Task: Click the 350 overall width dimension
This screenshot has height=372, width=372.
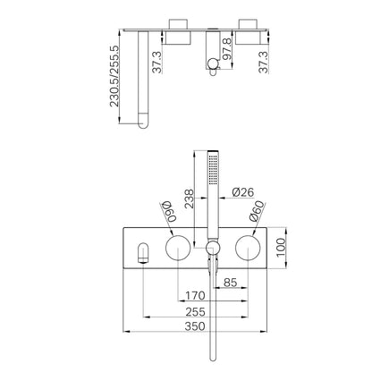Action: coord(195,325)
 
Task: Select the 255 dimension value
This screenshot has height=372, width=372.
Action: coord(195,312)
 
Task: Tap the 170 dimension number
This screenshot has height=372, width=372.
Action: coord(195,296)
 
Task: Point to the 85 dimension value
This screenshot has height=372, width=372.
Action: coord(231,283)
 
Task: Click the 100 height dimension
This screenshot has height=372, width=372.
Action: coord(281,248)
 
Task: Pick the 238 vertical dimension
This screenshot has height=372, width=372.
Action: coord(189,199)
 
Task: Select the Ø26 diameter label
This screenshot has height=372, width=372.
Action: coord(243,192)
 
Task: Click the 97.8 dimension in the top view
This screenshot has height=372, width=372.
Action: coord(227,49)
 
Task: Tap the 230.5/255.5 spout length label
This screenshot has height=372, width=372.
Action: coord(114,76)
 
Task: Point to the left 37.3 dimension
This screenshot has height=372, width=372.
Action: coord(156,62)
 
